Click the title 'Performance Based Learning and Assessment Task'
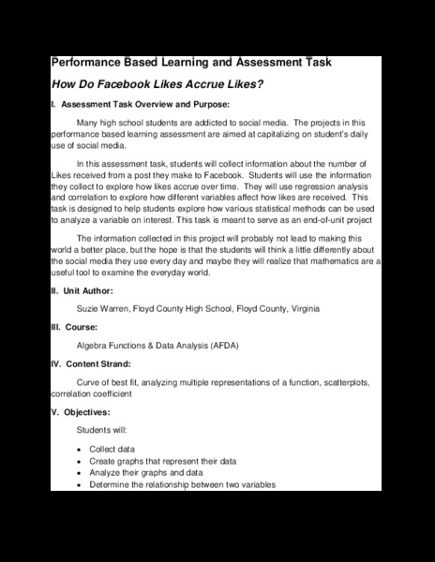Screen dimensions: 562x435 click(x=190, y=63)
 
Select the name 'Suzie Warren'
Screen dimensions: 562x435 click(x=105, y=308)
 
